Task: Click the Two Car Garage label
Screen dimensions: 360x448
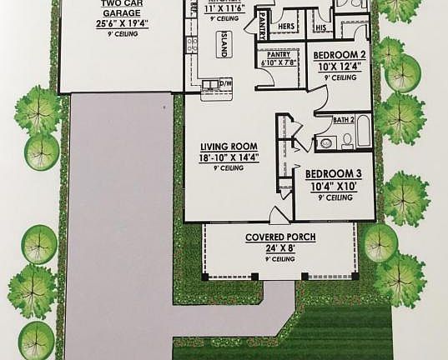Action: tap(121, 9)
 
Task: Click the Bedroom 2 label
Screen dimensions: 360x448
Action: tap(337, 55)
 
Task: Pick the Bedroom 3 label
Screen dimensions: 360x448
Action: tap(330, 174)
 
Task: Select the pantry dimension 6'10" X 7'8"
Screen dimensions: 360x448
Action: tap(279, 62)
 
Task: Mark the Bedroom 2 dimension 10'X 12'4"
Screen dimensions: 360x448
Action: tap(337, 66)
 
